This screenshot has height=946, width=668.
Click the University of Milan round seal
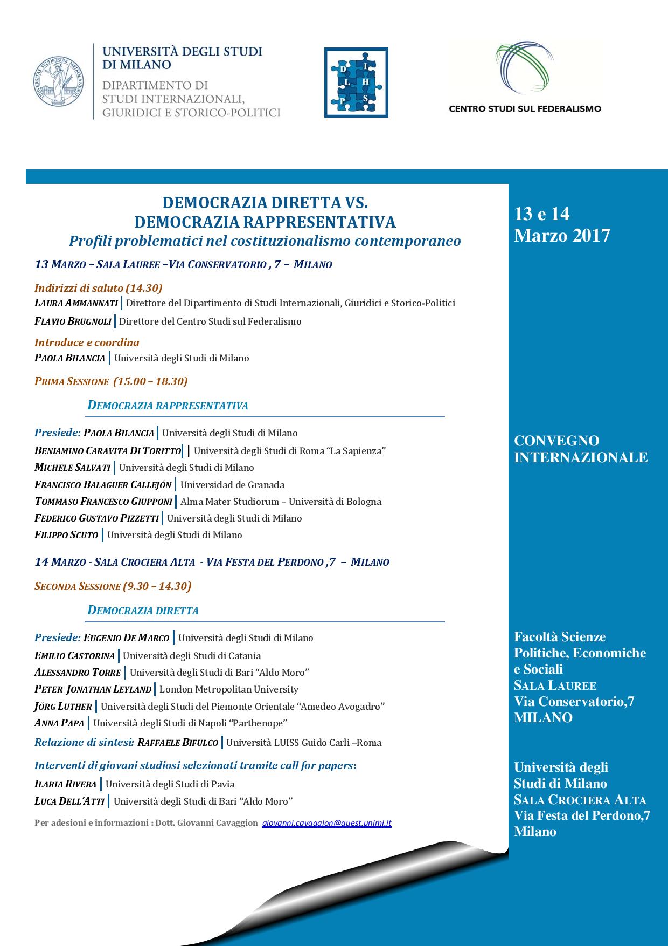tap(58, 81)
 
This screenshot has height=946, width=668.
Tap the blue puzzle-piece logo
tap(356, 83)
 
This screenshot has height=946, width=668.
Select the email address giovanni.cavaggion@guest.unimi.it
tap(326, 824)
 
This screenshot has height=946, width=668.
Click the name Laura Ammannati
tap(76, 303)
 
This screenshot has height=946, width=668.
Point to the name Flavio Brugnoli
tap(73, 321)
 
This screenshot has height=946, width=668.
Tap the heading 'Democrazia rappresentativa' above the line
tap(168, 406)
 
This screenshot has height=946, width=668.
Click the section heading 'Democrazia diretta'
tap(143, 611)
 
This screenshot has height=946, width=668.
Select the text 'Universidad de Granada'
tap(232, 485)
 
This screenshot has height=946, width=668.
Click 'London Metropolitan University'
tap(228, 689)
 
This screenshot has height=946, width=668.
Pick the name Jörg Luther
tap(63, 706)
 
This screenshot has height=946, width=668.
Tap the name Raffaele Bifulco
tap(178, 743)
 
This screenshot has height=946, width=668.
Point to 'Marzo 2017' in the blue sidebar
tap(562, 236)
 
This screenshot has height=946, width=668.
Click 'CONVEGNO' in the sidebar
tap(556, 441)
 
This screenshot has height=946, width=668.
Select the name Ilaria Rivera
tap(65, 784)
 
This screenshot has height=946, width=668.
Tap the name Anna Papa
tap(59, 723)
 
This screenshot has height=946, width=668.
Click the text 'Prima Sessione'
tap(72, 381)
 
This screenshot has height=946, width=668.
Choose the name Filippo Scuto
tap(66, 535)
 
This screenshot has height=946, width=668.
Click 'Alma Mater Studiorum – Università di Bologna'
tap(281, 502)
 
